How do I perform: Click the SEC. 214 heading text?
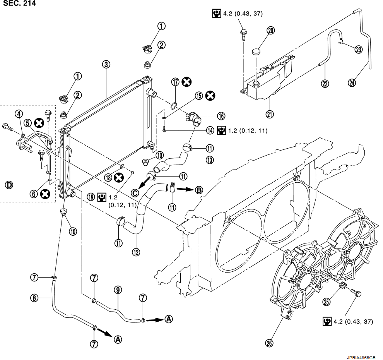(x=20, y=3)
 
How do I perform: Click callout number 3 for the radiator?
(x=106, y=65)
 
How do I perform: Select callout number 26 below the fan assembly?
(x=269, y=343)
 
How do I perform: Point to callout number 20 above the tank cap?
(x=271, y=30)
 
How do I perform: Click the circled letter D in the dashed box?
(x=9, y=185)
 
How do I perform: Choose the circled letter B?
(x=199, y=190)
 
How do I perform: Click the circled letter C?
(x=135, y=193)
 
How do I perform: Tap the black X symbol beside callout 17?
(x=186, y=82)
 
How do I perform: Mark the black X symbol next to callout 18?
(x=119, y=177)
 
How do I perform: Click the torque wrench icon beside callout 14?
(x=222, y=130)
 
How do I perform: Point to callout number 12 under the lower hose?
(x=136, y=252)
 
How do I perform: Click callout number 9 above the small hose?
(x=118, y=290)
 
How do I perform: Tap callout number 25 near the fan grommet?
(x=327, y=302)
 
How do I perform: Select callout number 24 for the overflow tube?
(x=352, y=82)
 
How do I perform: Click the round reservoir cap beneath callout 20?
(x=256, y=52)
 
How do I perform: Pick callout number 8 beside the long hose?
(x=34, y=298)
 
